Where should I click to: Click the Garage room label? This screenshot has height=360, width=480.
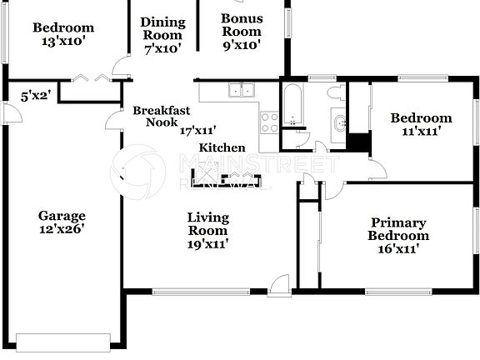[62, 216]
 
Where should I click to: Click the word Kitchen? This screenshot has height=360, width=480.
[222, 147]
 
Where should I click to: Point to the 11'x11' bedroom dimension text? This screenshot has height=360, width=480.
[421, 131]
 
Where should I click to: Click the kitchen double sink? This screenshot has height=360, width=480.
[242, 91]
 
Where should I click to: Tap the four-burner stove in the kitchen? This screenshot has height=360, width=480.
[269, 122]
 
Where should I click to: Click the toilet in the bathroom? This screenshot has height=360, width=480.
[335, 92]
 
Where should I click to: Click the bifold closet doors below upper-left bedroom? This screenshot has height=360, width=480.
[92, 78]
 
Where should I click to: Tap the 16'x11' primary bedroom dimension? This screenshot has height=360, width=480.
[398, 247]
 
